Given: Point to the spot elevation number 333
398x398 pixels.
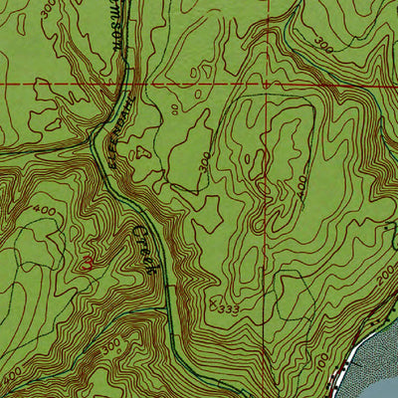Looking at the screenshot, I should click(228, 310).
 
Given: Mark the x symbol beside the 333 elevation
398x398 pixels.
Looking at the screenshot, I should click(213, 306).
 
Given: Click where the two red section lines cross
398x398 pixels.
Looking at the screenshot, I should click(270, 85).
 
